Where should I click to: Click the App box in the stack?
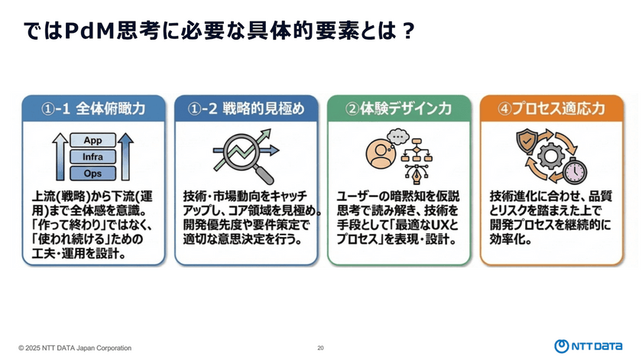[93, 140]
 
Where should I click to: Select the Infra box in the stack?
[93, 157]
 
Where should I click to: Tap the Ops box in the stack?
[93, 174]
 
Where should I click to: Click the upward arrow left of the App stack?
[60, 157]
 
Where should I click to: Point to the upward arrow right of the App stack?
[125, 157]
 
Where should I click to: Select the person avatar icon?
[381, 154]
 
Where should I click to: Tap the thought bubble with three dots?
[398, 136]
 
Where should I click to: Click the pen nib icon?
[417, 174]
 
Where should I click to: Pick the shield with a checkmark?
[527, 141]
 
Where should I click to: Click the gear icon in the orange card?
[551, 156]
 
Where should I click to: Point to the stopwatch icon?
[576, 170]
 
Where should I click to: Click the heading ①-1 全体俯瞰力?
[93, 109]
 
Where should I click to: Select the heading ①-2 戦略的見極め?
[246, 109]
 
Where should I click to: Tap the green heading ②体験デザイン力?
[399, 109]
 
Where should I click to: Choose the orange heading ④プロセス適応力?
[552, 109]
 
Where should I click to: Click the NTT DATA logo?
[588, 346]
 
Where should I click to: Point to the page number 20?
[320, 348]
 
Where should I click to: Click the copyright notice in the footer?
[75, 348]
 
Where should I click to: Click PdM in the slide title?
[89, 31]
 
